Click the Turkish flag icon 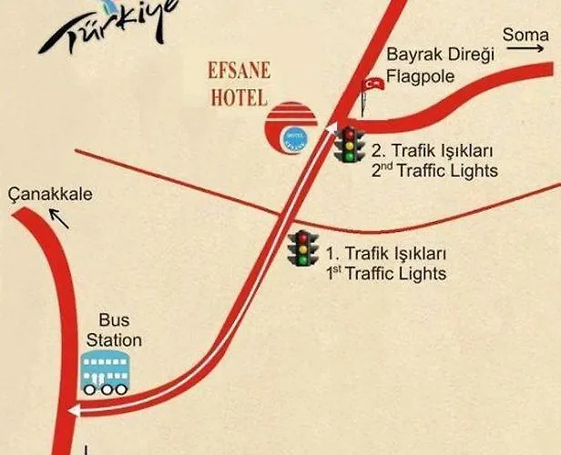tap(372, 83)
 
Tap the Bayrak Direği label tap(441, 55)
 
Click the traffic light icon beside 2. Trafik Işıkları tap(349, 145)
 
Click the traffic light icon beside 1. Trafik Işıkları tap(301, 248)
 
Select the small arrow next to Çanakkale tap(59, 217)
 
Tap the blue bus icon tap(103, 371)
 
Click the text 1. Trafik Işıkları tap(385, 253)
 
